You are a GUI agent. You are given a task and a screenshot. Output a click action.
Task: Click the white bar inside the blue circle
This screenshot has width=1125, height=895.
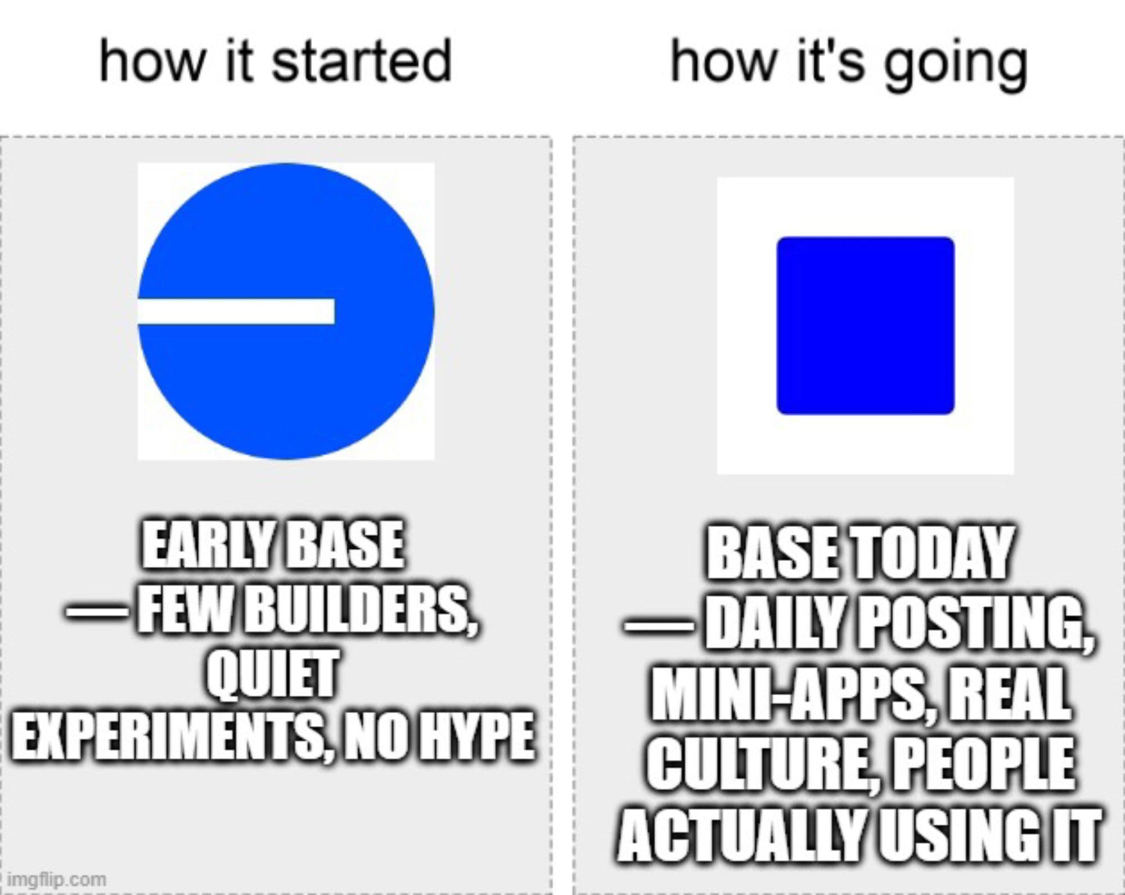236,311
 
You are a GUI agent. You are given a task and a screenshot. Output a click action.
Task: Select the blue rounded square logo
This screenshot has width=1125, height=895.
865,325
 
